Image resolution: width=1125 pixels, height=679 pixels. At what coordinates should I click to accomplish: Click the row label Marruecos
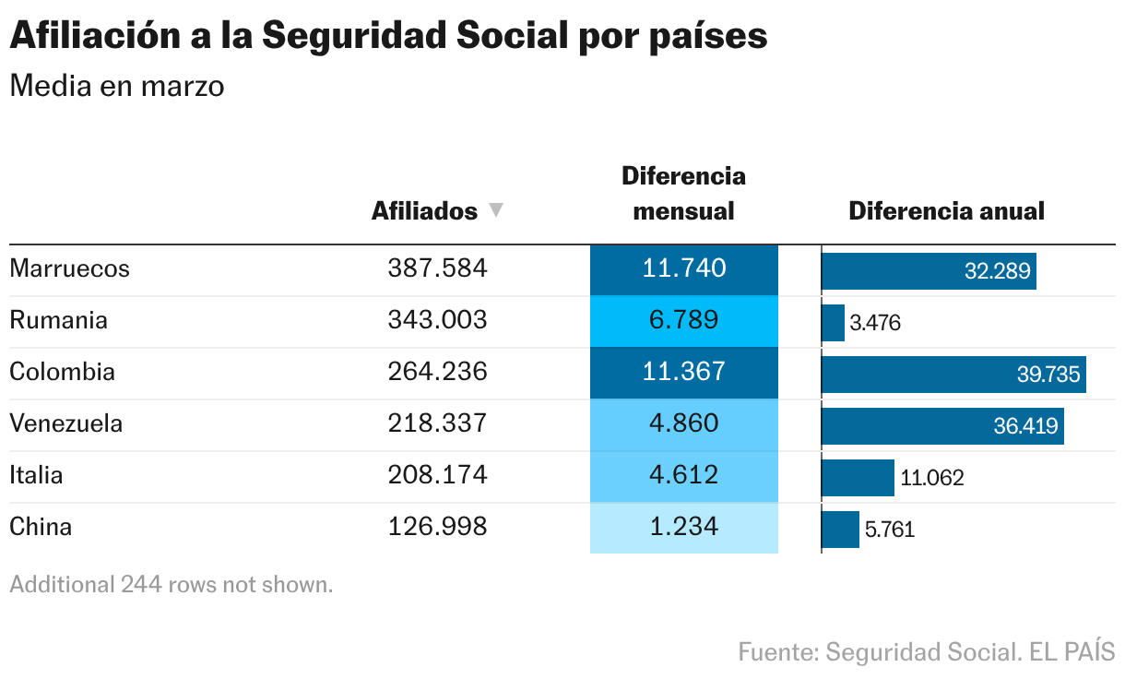coord(69,268)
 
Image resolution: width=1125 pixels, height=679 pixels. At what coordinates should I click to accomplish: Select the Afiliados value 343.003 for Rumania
coord(437,320)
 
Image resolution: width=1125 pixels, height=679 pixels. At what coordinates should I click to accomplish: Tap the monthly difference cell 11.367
coord(684,372)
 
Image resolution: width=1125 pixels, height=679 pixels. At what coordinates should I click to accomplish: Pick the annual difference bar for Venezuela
coord(942,426)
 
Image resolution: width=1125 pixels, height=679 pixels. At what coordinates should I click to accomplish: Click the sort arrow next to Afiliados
coord(496,210)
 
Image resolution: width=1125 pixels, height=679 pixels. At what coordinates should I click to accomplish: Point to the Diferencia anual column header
coord(946,210)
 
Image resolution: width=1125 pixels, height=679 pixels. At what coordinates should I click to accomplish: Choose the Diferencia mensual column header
coord(683,193)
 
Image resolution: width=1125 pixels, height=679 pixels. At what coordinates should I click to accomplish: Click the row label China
coord(41,527)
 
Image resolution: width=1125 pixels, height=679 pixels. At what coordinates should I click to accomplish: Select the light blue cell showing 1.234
coord(684,527)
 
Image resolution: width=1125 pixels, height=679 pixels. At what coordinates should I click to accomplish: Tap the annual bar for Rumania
coord(834,323)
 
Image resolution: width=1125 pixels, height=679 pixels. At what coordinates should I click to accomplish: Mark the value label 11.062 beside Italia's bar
coord(932,478)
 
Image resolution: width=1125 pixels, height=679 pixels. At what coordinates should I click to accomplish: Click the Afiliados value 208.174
coord(437,475)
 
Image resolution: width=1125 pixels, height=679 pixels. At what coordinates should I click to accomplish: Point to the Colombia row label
coord(62,372)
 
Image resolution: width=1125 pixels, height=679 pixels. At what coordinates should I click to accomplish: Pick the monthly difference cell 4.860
coord(684,423)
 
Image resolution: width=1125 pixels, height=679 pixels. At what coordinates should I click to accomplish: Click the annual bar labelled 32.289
coord(929,271)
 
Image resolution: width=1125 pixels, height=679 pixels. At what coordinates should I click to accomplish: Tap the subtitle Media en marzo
coord(116,86)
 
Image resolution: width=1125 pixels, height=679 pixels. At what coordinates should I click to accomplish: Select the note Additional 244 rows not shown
coord(171,584)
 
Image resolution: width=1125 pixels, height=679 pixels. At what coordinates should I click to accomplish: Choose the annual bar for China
coord(841,530)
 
